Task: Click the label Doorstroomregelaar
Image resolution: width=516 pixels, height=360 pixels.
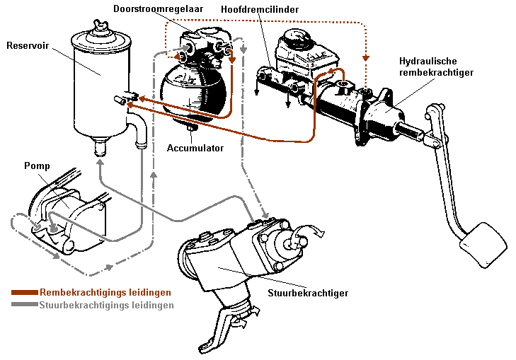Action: (158, 8)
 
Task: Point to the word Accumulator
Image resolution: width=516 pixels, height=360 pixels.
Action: (195, 149)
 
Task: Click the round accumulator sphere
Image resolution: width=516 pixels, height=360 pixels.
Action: (192, 90)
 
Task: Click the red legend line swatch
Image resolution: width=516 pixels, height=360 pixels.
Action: (24, 292)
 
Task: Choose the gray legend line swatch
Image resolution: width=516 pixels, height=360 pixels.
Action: (24, 306)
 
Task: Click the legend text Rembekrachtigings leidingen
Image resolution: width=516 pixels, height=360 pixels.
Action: (105, 292)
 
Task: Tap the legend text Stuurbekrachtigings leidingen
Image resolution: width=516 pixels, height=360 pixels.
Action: (107, 306)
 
